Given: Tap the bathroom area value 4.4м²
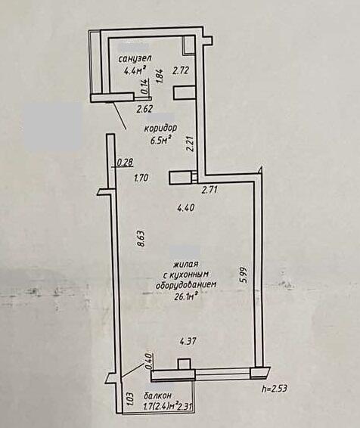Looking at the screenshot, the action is [135, 71].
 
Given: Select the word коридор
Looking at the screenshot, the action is [160, 128].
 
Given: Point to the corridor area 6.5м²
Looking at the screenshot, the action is [160, 140].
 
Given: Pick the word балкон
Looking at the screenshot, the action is [158, 395].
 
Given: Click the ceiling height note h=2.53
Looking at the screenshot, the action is [274, 389].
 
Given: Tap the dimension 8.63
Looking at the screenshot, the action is [142, 239].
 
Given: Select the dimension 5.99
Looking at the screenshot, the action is [244, 275].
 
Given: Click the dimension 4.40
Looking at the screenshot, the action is [185, 208].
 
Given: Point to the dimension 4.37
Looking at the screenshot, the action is [188, 341].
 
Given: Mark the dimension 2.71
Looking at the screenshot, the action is [209, 190].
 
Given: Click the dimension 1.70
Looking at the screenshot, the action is [141, 178].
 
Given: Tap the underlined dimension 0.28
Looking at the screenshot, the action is [125, 163].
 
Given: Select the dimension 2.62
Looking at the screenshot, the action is [144, 110].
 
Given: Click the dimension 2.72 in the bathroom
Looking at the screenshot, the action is [181, 71].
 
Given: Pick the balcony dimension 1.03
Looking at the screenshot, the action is [130, 399].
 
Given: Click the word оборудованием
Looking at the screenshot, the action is [186, 285].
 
